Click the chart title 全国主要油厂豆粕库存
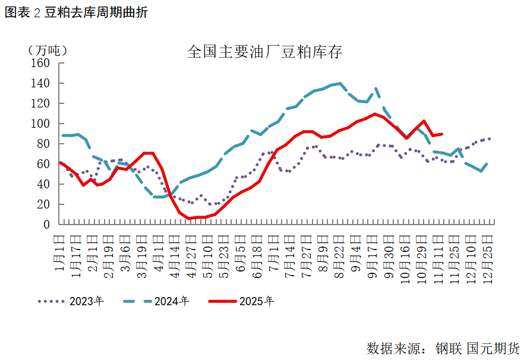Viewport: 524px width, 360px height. pos(264,52)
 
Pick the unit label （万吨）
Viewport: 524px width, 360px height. pos(47,50)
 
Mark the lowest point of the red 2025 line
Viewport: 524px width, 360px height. pos(189,219)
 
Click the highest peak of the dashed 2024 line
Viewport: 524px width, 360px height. pos(340,83)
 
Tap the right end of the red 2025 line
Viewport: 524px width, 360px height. pos(441,134)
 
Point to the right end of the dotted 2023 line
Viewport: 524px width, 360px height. pos(490,139)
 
